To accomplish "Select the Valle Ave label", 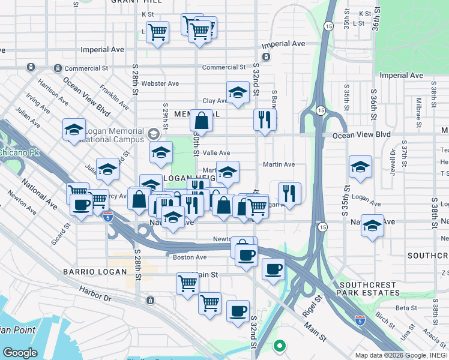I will (x=215, y=153).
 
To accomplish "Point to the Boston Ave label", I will (x=190, y=257).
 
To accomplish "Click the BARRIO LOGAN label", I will (x=95, y=272).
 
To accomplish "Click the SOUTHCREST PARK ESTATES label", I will (x=369, y=289).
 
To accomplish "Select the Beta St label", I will (x=406, y=308).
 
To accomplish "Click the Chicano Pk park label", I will (x=18, y=152).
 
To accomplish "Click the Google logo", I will (x=20, y=352).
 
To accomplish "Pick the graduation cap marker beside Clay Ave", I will (x=238, y=93).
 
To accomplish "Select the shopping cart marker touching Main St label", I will (x=188, y=283).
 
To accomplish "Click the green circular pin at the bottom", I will (x=279, y=346).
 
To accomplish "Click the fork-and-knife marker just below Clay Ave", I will (x=264, y=119).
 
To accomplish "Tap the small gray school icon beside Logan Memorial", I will (x=154, y=133).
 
